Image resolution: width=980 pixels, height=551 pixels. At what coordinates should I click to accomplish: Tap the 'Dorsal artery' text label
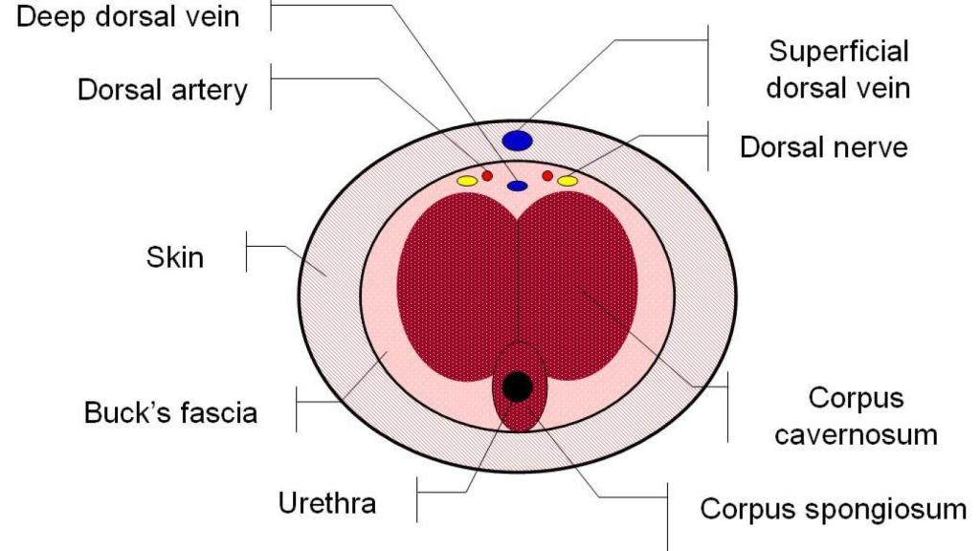[163, 91]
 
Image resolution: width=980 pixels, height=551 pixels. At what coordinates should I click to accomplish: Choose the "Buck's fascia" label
[170, 414]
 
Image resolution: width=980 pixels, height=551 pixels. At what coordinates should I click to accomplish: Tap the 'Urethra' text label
[326, 502]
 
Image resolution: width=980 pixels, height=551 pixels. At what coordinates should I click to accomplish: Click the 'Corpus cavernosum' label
[855, 416]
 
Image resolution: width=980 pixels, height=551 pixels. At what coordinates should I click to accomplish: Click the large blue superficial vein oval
[517, 141]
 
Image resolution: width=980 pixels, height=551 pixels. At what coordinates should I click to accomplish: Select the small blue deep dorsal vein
[518, 185]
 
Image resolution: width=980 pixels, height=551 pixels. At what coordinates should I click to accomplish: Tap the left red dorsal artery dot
[486, 176]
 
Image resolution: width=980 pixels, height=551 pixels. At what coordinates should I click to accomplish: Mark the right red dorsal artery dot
[547, 176]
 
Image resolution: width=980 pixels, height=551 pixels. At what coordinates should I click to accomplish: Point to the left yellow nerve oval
[467, 181]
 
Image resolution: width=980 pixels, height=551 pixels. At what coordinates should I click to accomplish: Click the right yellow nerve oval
[568, 181]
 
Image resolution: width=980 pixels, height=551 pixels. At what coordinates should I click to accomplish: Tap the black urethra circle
[518, 386]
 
